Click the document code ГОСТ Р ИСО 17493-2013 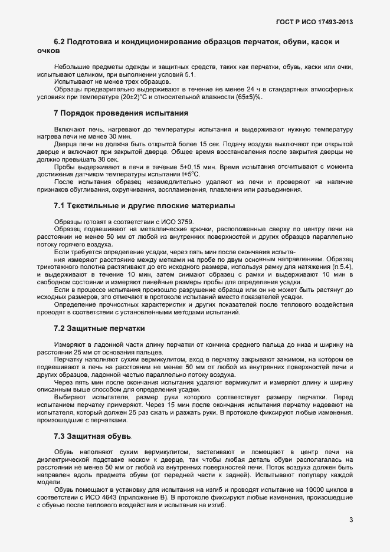(x=314, y=22)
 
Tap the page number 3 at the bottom (x=350, y=520)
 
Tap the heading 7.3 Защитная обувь (x=92, y=436)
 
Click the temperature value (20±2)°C (x=133, y=97)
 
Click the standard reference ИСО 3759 (x=153, y=221)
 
